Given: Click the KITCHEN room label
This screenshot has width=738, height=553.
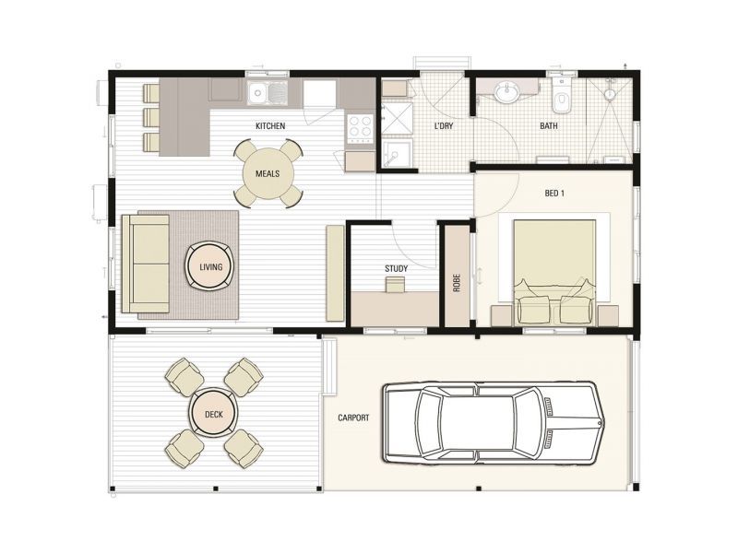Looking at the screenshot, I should click(270, 126).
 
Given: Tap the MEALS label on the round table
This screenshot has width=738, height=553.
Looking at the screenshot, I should click(268, 173).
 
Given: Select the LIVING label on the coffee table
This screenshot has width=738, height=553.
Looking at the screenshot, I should click(210, 267).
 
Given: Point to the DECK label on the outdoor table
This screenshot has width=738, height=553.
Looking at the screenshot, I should click(214, 415).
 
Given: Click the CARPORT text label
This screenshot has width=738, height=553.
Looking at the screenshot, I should click(353, 418).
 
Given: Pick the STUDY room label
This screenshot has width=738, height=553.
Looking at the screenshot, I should click(396, 269).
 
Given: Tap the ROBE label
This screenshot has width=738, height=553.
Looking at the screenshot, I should click(457, 282).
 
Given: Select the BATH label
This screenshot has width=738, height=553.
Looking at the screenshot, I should click(549, 126).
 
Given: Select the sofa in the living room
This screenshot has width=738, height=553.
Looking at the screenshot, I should click(146, 264).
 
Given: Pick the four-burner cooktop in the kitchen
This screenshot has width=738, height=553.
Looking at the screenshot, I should click(360, 126).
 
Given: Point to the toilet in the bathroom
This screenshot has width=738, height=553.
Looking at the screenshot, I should click(561, 94).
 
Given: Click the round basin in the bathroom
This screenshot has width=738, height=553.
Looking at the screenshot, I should click(506, 92).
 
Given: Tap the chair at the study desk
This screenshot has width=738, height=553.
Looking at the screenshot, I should click(395, 286).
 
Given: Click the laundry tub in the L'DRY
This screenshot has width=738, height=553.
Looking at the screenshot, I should click(397, 154).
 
